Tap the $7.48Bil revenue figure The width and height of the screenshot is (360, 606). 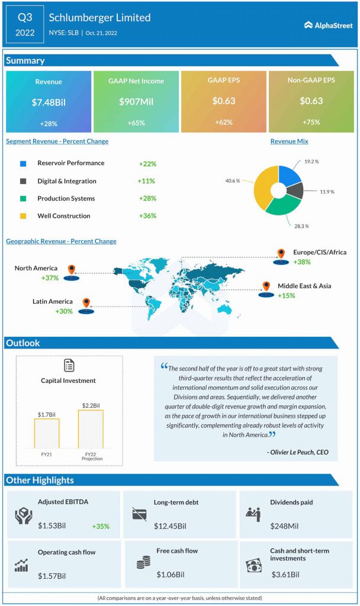click(x=49, y=102)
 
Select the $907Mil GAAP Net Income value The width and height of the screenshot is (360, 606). click(x=136, y=102)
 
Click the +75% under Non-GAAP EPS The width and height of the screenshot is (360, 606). click(x=311, y=123)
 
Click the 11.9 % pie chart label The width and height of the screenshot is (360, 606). click(x=326, y=192)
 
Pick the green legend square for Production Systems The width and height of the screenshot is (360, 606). click(x=23, y=199)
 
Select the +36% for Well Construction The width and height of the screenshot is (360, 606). click(x=147, y=216)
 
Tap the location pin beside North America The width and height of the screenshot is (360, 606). click(x=72, y=271)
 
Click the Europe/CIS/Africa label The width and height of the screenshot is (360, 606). click(x=320, y=253)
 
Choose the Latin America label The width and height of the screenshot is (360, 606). click(x=53, y=302)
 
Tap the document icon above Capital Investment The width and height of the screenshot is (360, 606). click(x=69, y=365)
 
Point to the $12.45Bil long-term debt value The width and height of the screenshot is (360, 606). click(x=170, y=526)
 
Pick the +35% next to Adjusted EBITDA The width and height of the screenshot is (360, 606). click(x=101, y=526)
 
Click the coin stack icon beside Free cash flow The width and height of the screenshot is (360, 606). click(x=143, y=562)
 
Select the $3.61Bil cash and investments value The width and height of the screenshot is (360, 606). click(x=285, y=574)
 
